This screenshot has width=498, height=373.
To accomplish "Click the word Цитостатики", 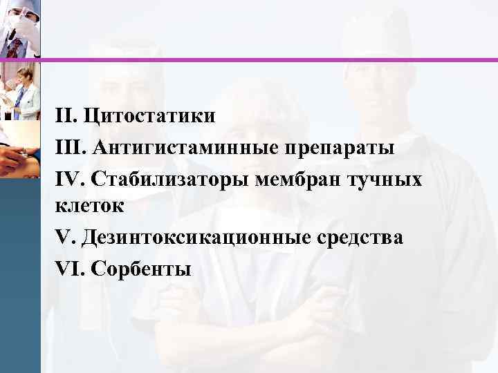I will coord(150,115).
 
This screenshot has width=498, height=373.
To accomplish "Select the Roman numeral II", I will coord(67,115).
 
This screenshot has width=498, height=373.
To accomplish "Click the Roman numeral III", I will coord(71,148).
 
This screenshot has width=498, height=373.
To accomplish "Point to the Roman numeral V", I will coord(64,237).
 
